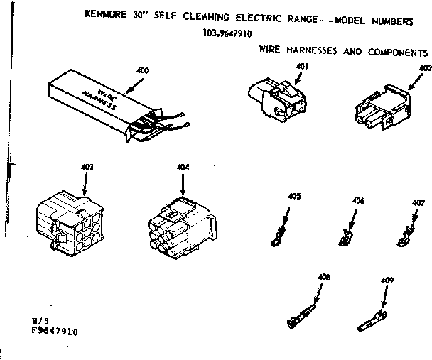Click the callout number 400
(x=144, y=70)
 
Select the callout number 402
(x=426, y=69)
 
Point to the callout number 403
(x=87, y=168)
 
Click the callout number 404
(x=183, y=168)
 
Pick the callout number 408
(x=325, y=277)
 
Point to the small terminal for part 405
(x=280, y=234)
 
